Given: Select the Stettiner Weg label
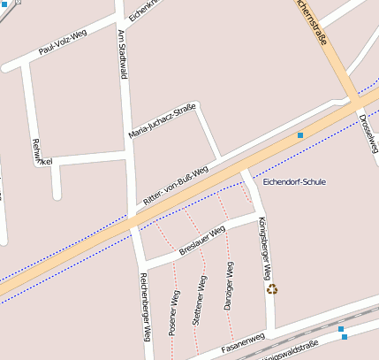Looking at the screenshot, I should [x=200, y=304].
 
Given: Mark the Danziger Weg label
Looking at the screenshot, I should [x=228, y=286].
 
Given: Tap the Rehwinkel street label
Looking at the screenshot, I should [x=38, y=152].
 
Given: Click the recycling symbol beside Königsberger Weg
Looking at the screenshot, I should [x=272, y=288].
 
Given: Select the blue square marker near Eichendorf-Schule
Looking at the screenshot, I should [x=300, y=134].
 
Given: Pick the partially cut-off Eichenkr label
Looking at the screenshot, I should [x=143, y=10].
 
